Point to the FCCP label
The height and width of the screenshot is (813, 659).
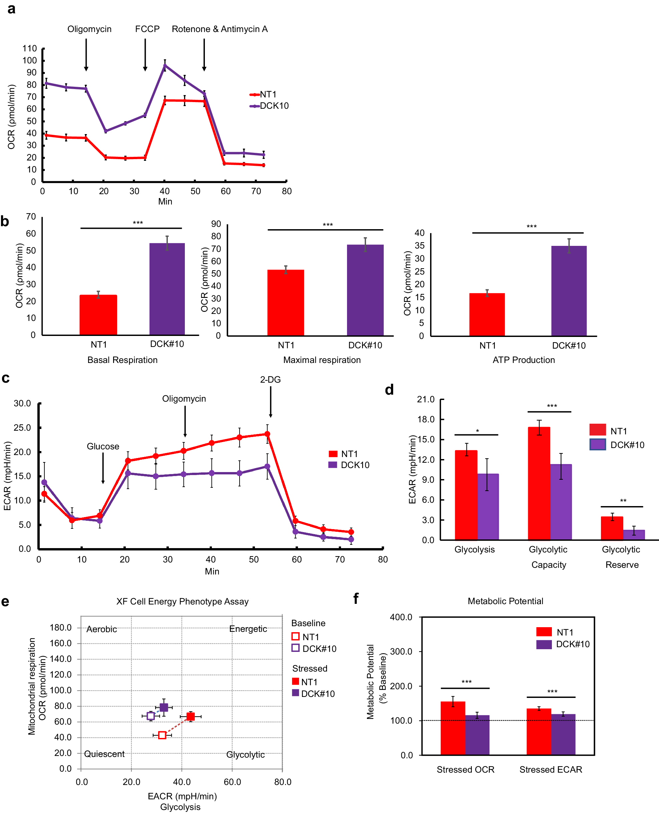coord(147,29)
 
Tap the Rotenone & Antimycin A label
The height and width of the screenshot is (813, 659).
coord(220,29)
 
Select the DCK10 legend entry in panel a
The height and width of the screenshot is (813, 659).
coord(274,106)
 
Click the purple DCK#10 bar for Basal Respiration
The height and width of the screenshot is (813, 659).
coord(167,289)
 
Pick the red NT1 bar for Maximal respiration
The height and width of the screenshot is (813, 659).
coord(286,303)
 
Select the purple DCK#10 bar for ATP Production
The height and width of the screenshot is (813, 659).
coord(569,291)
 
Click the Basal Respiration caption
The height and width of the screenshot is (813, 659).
coord(122,360)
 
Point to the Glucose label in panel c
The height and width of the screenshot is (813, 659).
coord(103,446)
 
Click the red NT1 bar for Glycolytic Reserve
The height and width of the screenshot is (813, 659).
coord(612,528)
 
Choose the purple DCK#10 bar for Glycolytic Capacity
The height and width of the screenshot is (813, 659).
coord(561,502)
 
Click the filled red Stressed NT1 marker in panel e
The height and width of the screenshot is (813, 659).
coord(191,717)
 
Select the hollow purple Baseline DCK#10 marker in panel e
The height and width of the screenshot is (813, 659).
coord(151,716)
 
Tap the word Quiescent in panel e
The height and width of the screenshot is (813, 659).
coord(104,754)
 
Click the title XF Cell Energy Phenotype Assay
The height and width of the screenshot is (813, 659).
coord(182,601)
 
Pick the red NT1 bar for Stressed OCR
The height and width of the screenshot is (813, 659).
coord(452,728)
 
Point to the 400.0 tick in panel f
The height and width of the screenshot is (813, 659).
coord(401,617)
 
